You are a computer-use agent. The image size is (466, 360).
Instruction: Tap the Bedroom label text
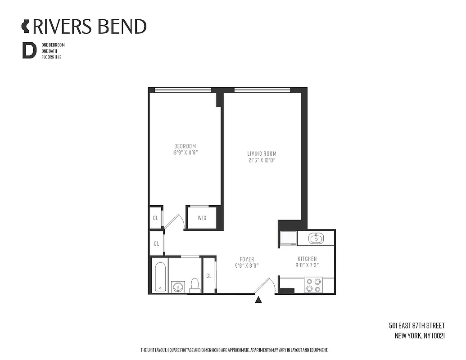tap(185, 146)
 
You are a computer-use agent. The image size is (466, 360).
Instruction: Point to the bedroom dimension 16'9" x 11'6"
tap(185, 153)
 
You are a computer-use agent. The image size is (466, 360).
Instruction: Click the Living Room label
tap(262, 153)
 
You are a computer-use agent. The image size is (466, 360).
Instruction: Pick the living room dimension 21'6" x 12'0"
tap(262, 160)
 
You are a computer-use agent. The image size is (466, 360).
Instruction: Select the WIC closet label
tap(202, 218)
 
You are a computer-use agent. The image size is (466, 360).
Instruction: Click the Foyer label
tap(247, 259)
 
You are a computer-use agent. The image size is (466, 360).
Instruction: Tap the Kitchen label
tap(307, 259)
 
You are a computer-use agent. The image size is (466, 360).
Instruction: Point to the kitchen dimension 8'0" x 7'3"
tap(307, 265)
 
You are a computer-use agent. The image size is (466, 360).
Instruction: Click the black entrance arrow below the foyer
tap(258, 300)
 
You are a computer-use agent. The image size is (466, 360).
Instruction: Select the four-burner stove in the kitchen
tap(313, 285)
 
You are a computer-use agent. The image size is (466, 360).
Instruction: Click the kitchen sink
tap(316, 238)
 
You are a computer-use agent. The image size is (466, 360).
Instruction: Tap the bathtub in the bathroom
tap(159, 276)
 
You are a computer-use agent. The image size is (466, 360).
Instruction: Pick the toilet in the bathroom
tap(195, 285)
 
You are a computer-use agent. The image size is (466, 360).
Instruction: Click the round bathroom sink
tap(177, 287)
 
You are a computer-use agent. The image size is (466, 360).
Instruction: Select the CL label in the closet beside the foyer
tap(209, 276)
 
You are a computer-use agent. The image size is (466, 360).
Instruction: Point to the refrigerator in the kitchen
tap(288, 238)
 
